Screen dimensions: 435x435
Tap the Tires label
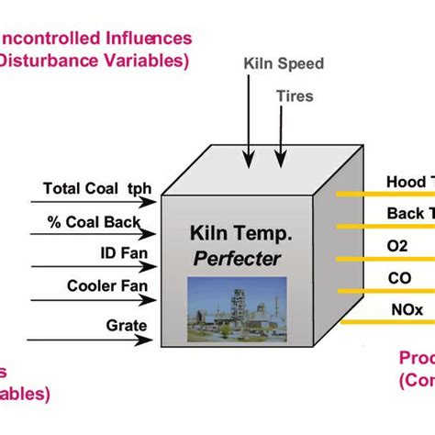click(x=294, y=96)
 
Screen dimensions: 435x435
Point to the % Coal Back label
click(x=95, y=221)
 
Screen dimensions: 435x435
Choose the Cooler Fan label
click(x=104, y=285)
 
